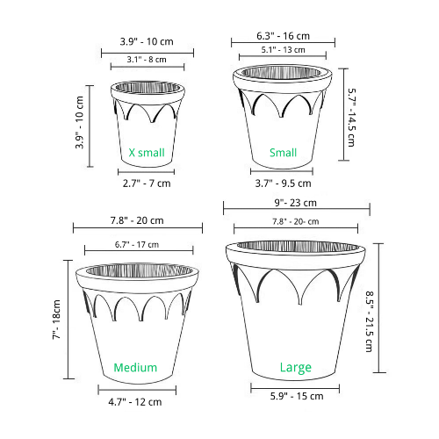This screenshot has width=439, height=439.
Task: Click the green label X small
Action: [147, 153]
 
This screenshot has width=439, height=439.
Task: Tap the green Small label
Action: [283, 153]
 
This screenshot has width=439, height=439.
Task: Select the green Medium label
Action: [135, 367]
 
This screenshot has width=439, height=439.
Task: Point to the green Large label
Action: [296, 368]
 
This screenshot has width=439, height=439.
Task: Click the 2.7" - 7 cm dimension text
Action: [147, 184]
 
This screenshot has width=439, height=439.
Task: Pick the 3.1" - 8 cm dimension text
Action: [147, 60]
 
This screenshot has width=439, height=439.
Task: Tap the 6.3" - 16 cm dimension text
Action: [283, 36]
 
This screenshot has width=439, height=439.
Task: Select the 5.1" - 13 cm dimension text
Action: [283, 50]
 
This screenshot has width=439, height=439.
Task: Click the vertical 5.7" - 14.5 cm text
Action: [351, 118]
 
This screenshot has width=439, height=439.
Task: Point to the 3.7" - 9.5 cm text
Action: [283, 184]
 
